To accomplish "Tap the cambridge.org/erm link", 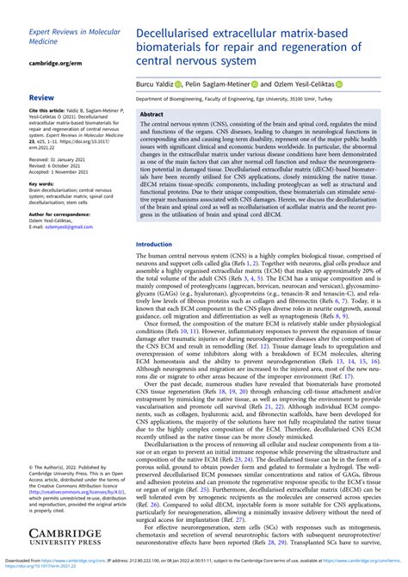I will [59, 63].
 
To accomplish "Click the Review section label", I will [42, 98].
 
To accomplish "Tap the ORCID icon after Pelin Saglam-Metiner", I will [255, 84].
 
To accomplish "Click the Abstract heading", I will [152, 114].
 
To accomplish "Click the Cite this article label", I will [51, 111].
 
